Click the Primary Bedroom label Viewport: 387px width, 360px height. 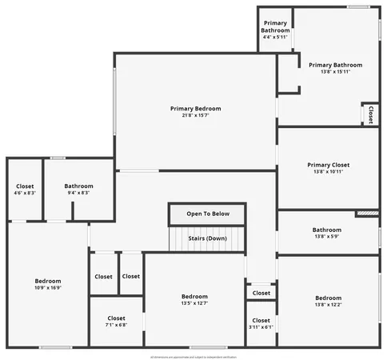[x=195, y=109]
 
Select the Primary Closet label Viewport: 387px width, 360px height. [x=328, y=165]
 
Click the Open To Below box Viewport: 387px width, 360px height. [x=207, y=214]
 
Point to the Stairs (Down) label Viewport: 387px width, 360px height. [x=207, y=238]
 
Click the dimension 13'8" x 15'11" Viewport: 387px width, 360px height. [x=335, y=72]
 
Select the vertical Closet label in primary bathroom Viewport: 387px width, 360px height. [x=370, y=114]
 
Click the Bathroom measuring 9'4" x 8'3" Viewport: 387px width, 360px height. [x=78, y=186]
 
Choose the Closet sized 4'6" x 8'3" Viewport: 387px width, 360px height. [x=25, y=186]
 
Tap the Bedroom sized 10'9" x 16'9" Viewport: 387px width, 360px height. [x=48, y=282]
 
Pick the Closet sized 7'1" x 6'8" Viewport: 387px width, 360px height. [x=116, y=318]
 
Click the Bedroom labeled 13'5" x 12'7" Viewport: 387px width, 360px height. [x=194, y=297]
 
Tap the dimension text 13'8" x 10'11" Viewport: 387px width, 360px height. [x=328, y=172]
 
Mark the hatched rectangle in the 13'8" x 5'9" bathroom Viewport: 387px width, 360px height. [x=367, y=214]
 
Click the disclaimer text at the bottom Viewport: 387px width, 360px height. [x=193, y=356]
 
